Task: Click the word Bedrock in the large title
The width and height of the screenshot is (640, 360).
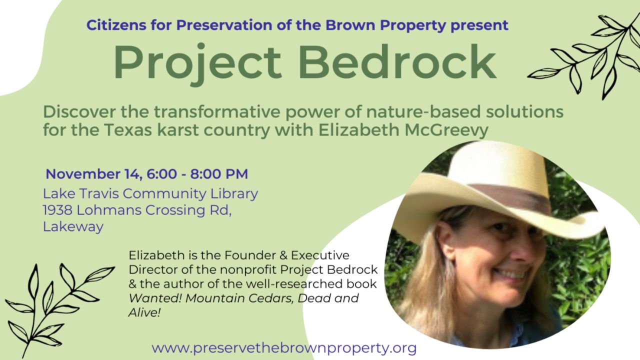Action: tap(397, 62)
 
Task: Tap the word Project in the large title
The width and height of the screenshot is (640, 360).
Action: tap(197, 64)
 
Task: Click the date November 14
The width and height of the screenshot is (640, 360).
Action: tap(94, 174)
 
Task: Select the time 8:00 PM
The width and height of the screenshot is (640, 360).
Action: tap(219, 174)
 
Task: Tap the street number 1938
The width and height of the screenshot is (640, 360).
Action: tap(57, 210)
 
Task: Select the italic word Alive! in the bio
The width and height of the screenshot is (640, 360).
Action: tap(144, 312)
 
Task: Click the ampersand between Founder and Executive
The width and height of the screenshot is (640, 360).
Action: tap(283, 255)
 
